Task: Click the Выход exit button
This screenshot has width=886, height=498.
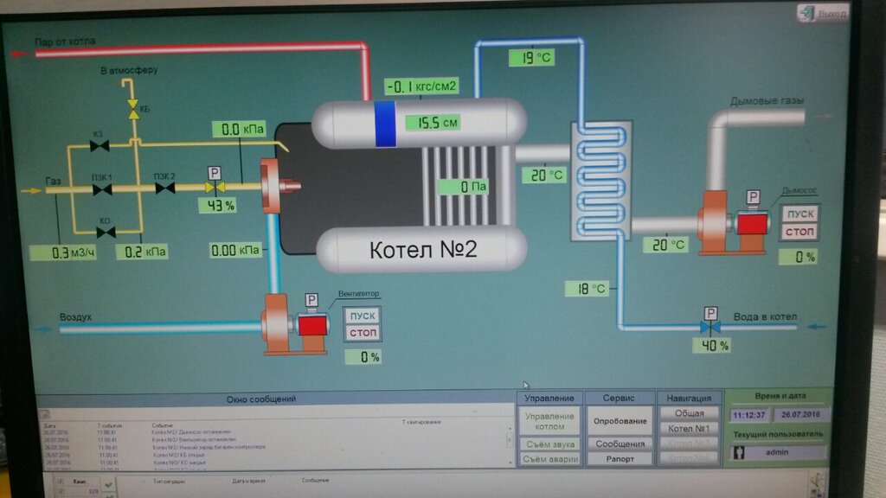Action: [823, 14]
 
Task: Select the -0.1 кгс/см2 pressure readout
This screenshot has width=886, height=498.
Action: [421, 86]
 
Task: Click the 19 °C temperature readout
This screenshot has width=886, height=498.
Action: [532, 58]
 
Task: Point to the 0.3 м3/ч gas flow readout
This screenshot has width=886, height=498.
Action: [61, 252]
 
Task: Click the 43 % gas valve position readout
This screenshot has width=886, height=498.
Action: [216, 206]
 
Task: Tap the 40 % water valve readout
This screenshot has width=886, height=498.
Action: [710, 345]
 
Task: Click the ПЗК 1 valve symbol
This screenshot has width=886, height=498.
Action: [103, 188]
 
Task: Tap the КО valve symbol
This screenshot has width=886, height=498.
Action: [105, 232]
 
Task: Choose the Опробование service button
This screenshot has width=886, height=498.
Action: [619, 421]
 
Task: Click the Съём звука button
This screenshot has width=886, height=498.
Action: [549, 444]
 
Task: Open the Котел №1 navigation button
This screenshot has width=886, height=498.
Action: [689, 428]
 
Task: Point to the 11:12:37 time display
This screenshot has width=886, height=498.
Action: [749, 415]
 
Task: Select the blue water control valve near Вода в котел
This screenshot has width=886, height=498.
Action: [710, 329]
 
